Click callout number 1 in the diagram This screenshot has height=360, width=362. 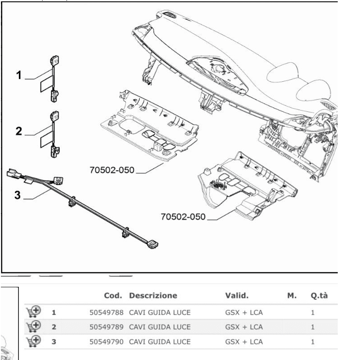[x=18, y=76]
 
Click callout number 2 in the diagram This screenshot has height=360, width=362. [x=18, y=132]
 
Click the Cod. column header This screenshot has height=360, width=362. [x=113, y=296]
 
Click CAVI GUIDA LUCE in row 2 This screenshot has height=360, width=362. [x=160, y=325]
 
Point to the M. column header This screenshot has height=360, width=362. [x=292, y=296]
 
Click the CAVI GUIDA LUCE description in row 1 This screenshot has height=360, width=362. [x=160, y=310]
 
